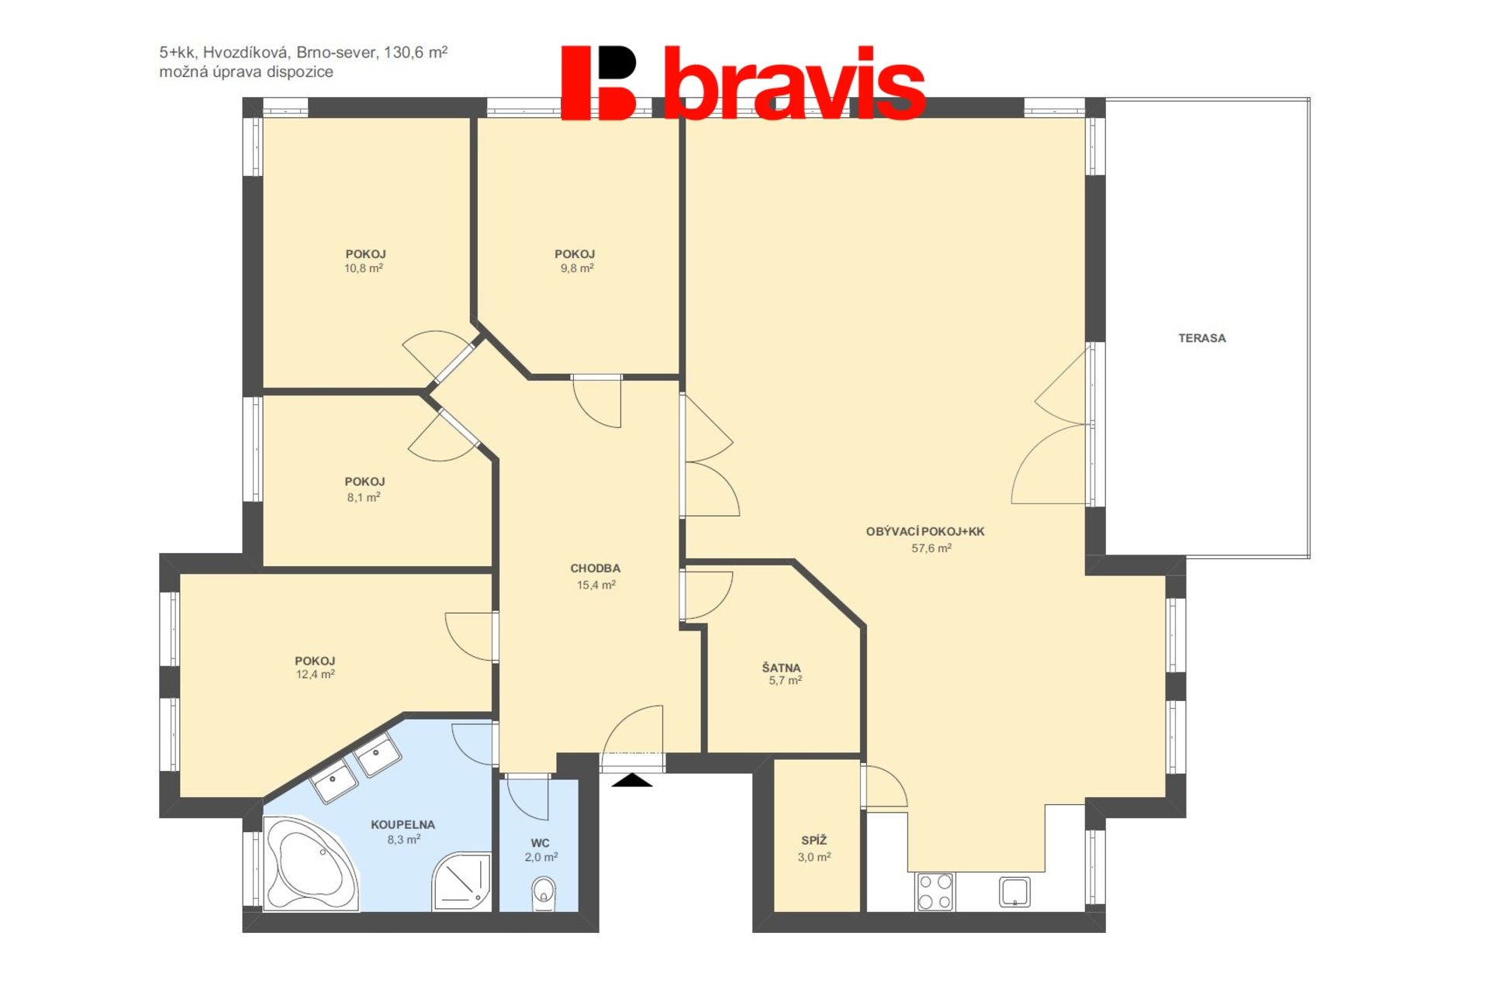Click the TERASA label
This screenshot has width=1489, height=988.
(1202, 338)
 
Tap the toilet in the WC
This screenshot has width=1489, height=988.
(544, 893)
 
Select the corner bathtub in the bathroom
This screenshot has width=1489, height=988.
(310, 863)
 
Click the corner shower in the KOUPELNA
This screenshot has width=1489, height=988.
(462, 882)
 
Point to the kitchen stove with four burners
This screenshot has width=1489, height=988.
(935, 892)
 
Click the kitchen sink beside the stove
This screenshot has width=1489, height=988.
(1014, 892)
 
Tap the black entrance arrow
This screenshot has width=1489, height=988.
(632, 780)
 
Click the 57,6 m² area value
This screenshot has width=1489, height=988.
(931, 548)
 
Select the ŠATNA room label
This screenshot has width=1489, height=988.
(782, 668)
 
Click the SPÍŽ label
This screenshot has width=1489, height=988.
(814, 840)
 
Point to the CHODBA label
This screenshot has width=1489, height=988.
(596, 568)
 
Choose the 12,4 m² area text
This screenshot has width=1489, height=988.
(315, 675)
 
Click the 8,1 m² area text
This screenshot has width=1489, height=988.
(364, 497)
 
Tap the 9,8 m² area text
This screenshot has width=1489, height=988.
(577, 268)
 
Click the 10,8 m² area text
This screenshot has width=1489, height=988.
(364, 268)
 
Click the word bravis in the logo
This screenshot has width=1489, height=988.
(795, 83)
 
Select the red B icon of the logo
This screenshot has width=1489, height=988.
(598, 83)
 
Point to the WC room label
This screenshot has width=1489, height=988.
(541, 843)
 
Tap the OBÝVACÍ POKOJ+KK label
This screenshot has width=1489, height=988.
(925, 531)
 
